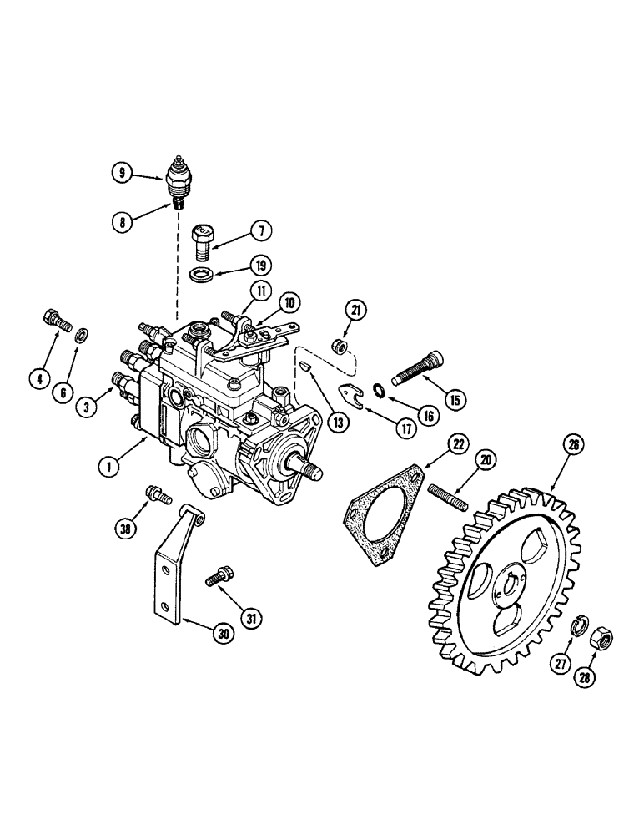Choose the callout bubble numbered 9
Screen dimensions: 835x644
pyautogui.click(x=123, y=174)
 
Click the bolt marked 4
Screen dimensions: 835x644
pyautogui.click(x=54, y=321)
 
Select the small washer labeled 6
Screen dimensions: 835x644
pyautogui.click(x=83, y=337)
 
